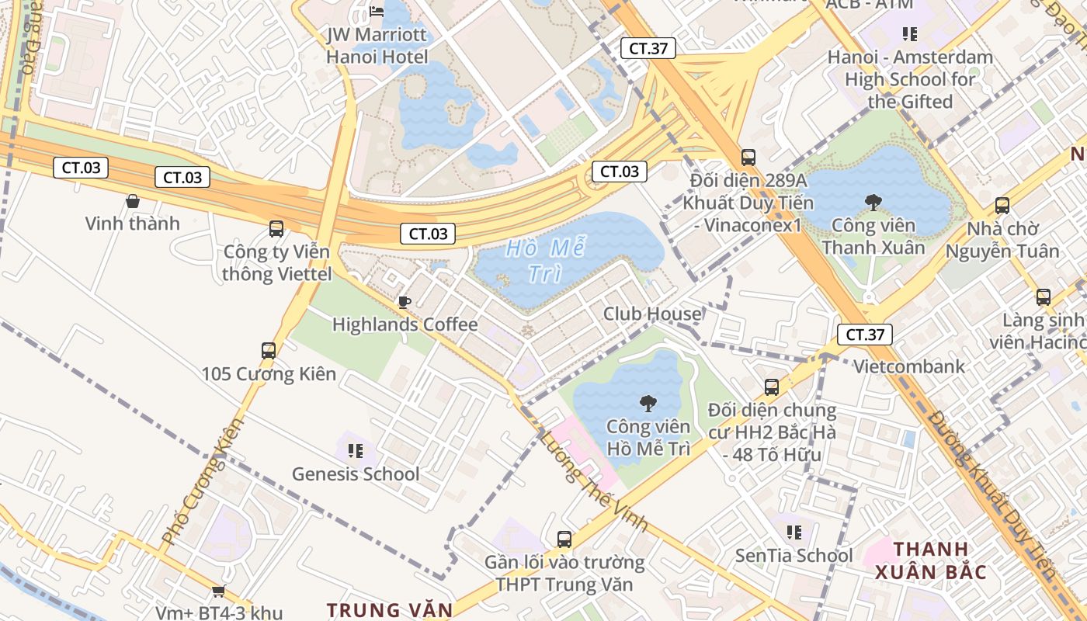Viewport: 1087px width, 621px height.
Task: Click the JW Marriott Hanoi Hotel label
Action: (x=377, y=46)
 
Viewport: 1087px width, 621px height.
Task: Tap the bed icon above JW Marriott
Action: (x=377, y=11)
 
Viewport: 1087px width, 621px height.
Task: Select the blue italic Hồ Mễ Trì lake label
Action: (x=545, y=261)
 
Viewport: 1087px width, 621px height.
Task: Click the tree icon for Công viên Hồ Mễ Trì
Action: (x=648, y=403)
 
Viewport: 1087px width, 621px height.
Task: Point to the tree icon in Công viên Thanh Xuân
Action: (x=873, y=203)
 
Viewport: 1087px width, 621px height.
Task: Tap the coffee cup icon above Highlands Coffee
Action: (x=404, y=302)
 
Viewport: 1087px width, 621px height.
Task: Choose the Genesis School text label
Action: (x=355, y=474)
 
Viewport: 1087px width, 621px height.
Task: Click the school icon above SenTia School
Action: (x=794, y=532)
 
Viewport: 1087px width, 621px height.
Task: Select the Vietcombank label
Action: (x=909, y=366)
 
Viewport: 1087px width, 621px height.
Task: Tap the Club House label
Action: (x=652, y=314)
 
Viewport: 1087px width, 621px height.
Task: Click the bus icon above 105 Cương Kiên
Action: (x=269, y=350)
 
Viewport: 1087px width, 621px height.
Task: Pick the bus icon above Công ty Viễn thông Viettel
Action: (x=276, y=228)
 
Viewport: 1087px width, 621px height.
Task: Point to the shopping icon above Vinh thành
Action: (x=133, y=201)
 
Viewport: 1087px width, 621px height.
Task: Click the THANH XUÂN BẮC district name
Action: (x=931, y=560)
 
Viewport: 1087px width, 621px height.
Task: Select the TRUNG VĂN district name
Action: (x=390, y=610)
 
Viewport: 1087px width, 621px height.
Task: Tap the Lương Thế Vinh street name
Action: (x=594, y=481)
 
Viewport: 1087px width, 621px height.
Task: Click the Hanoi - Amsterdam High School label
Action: (x=910, y=79)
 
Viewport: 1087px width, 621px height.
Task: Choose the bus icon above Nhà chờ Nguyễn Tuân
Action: (x=1002, y=206)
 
